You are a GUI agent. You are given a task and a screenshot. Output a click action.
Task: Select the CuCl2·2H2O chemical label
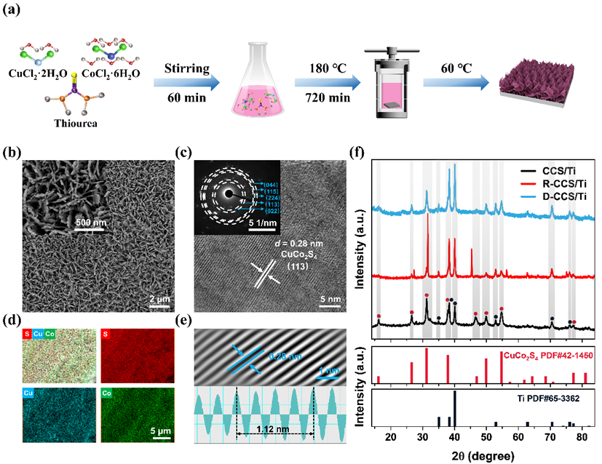click(x=40, y=73)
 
